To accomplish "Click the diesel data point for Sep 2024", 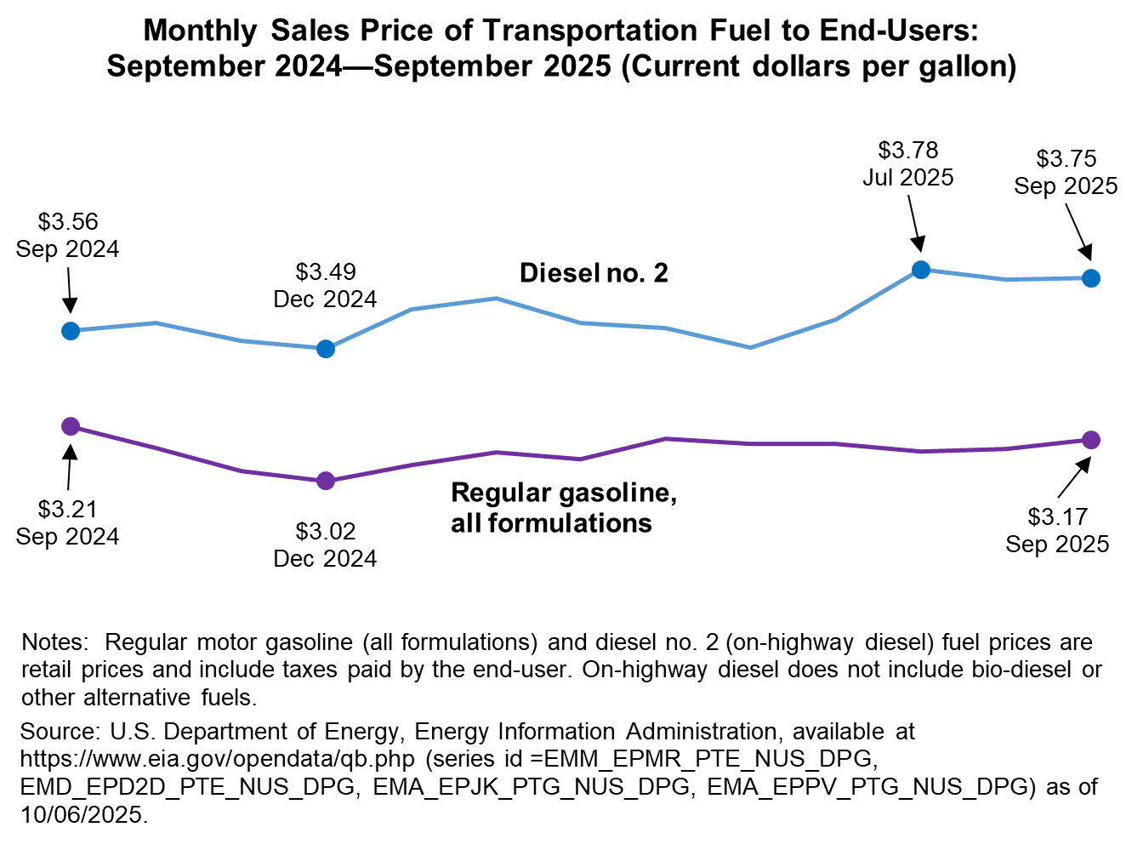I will [x=71, y=330].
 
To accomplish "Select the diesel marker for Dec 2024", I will [x=326, y=349].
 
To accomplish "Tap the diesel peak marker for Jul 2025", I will [x=920, y=270].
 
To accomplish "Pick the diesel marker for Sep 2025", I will [x=1091, y=278].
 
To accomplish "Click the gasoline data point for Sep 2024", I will [x=71, y=426].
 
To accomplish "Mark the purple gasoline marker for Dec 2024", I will [x=326, y=482].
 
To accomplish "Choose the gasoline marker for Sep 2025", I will [x=1091, y=440].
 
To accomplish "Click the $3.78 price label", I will [x=908, y=151].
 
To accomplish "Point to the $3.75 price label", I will [x=1066, y=159].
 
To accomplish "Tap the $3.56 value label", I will [x=68, y=222].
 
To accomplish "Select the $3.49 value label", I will [x=326, y=272].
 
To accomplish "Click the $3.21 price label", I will [x=68, y=510].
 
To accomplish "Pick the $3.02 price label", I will [x=326, y=532].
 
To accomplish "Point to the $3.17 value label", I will [x=1058, y=516].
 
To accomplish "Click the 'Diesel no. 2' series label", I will [x=594, y=273].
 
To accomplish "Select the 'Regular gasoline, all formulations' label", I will [x=563, y=507].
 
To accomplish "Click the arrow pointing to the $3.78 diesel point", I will [x=913, y=223].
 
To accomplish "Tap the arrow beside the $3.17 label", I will [x=1074, y=478].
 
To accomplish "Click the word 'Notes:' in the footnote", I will [x=54, y=642].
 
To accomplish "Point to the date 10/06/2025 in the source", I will [x=81, y=814].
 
